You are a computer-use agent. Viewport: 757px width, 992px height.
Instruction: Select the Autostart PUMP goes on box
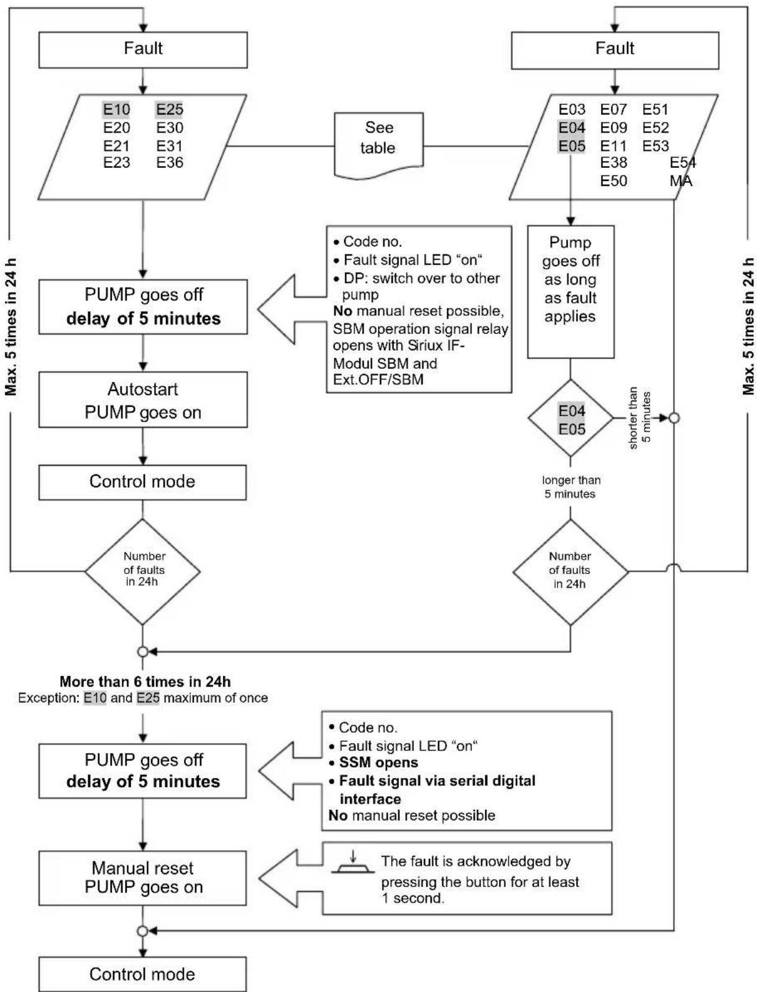pos(143,400)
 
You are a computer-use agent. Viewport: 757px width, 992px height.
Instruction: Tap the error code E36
pos(170,163)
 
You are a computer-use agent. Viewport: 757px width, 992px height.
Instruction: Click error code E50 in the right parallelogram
pos(613,181)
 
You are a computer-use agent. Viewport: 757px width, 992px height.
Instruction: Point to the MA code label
pos(681,181)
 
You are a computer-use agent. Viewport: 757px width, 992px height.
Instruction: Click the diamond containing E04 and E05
pos(571,419)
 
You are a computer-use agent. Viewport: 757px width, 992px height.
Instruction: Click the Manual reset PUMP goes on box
pos(143,878)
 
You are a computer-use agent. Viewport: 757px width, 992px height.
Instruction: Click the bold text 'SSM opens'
pos(378,763)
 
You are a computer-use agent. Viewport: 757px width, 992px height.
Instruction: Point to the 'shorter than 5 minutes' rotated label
pos(640,418)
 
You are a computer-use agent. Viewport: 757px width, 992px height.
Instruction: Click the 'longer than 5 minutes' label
pos(571,487)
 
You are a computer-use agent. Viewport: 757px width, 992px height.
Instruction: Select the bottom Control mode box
pos(143,974)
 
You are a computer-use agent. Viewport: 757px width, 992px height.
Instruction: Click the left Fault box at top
pos(143,49)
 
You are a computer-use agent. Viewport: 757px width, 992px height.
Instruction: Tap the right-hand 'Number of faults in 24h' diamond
pos(570,571)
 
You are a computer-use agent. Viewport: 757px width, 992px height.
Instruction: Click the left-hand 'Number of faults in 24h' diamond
pos(143,571)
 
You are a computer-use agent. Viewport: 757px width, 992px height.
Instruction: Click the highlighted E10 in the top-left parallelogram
pos(116,110)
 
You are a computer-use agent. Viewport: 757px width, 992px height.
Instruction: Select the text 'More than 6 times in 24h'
pos(145,682)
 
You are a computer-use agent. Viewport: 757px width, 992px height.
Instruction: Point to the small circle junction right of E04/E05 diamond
pos(674,418)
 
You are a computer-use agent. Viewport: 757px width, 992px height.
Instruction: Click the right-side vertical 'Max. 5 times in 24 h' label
pos(748,327)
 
